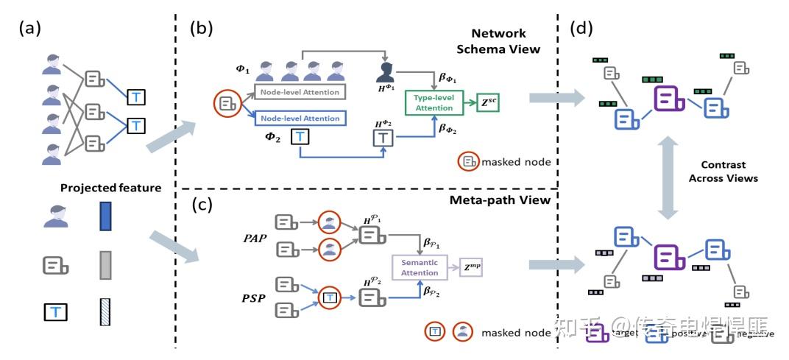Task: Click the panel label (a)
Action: pyautogui.click(x=30, y=29)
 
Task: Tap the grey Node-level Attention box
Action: pyautogui.click(x=300, y=92)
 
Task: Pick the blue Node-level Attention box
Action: pyautogui.click(x=300, y=118)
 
